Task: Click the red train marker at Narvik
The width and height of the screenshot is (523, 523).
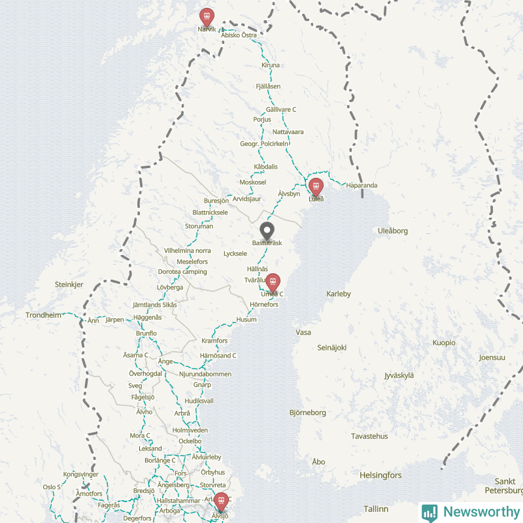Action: click(x=207, y=16)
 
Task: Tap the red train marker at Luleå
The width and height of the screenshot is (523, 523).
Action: click(x=316, y=187)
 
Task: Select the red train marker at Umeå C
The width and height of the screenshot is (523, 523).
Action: click(x=273, y=282)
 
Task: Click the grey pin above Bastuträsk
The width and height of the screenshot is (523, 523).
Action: click(x=267, y=231)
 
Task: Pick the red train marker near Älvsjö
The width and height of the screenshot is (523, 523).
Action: click(x=221, y=501)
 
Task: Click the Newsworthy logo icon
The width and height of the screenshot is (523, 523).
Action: click(x=430, y=513)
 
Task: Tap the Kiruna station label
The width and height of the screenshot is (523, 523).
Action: click(x=270, y=65)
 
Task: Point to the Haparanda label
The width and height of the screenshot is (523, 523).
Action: click(x=362, y=185)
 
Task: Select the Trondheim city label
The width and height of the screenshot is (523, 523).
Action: click(x=43, y=315)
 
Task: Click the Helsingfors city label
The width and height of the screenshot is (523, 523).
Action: click(x=380, y=475)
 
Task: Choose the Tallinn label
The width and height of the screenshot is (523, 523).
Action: click(x=376, y=509)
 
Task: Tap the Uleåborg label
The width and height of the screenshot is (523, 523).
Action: click(x=393, y=231)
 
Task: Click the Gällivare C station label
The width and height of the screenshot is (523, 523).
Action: click(x=281, y=109)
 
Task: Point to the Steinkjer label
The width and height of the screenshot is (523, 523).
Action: click(x=69, y=285)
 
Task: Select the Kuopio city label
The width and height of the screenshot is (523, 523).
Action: click(x=444, y=343)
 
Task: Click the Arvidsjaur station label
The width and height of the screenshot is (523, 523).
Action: click(x=247, y=198)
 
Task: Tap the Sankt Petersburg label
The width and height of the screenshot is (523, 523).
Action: click(x=505, y=486)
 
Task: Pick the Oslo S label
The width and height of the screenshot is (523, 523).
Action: click(x=52, y=487)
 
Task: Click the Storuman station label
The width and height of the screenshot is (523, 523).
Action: click(x=199, y=226)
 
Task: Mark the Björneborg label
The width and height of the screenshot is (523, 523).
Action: click(x=307, y=413)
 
